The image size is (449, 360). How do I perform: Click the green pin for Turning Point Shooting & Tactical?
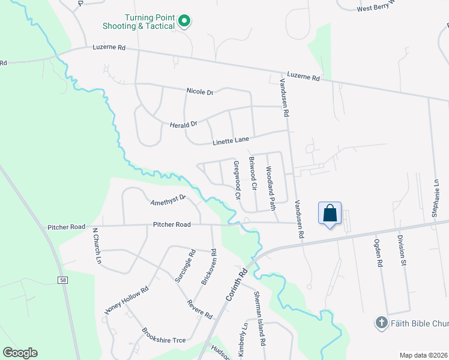pyautogui.click(x=185, y=22)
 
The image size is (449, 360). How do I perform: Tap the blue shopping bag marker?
pyautogui.click(x=330, y=214)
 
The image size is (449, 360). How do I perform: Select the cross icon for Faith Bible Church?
pyautogui.click(x=381, y=323)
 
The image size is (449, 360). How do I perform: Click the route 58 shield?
pyautogui.click(x=62, y=280)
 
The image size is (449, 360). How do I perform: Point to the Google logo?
pyautogui.click(x=20, y=353)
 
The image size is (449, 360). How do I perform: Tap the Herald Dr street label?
pyautogui.click(x=184, y=124)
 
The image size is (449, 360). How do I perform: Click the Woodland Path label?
pyautogui.click(x=271, y=188)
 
